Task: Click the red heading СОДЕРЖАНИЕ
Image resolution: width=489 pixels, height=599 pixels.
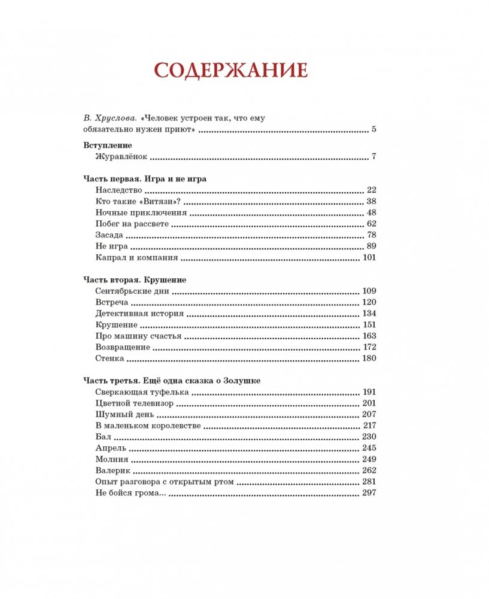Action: [230, 70]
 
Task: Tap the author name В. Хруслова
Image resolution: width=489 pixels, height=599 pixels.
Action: [104, 118]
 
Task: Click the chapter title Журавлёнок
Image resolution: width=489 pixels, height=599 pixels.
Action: [121, 157]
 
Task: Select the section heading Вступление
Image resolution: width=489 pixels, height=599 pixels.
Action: [106, 145]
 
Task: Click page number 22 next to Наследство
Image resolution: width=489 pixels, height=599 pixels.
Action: [370, 190]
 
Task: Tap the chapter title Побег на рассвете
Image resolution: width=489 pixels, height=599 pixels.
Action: [132, 224]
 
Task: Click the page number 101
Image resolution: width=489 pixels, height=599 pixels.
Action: [368, 258]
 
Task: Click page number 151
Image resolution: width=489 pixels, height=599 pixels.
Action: [368, 325]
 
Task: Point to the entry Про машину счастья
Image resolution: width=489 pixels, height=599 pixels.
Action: [138, 336]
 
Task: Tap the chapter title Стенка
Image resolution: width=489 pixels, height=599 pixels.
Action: [110, 358]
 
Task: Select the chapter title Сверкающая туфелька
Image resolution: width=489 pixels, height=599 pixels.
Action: [142, 392]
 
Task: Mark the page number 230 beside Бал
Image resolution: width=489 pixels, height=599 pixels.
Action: [368, 437]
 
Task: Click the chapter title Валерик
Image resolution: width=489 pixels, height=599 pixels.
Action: [112, 471]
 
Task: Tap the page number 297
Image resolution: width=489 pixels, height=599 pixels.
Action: [368, 493]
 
